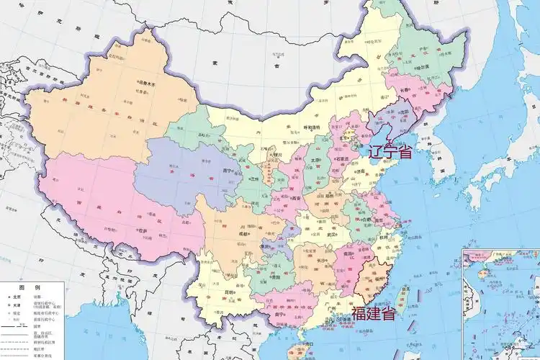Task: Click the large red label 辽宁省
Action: [x=390, y=152]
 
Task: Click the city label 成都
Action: [x=245, y=234]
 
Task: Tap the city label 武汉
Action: [x=331, y=234]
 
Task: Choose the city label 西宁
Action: [x=230, y=171]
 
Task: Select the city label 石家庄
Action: [x=350, y=159]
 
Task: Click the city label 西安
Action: [x=295, y=199]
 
